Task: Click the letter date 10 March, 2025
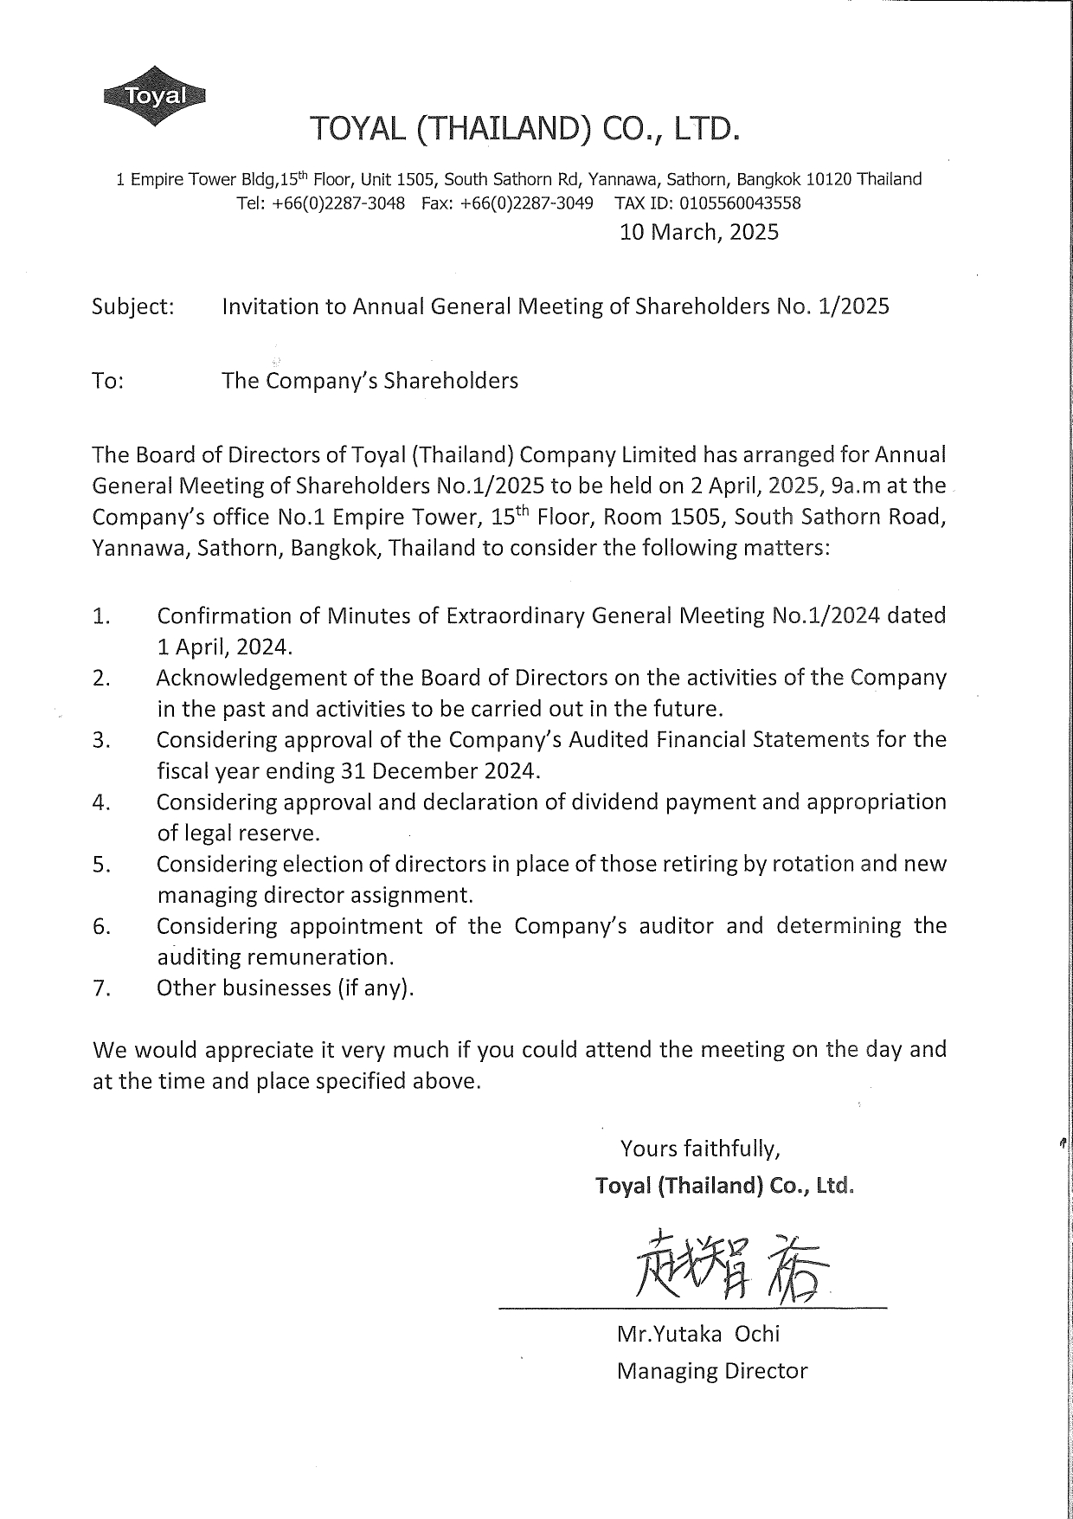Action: click(699, 232)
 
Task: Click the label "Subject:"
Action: click(133, 306)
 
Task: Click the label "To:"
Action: click(108, 381)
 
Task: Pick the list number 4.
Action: click(100, 803)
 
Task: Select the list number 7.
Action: click(100, 988)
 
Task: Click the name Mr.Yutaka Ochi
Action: click(697, 1334)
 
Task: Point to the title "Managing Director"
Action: click(711, 1371)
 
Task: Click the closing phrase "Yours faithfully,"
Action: click(701, 1149)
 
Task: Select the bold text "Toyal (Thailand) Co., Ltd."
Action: click(724, 1185)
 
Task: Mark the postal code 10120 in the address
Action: click(829, 179)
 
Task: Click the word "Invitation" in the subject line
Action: click(270, 306)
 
